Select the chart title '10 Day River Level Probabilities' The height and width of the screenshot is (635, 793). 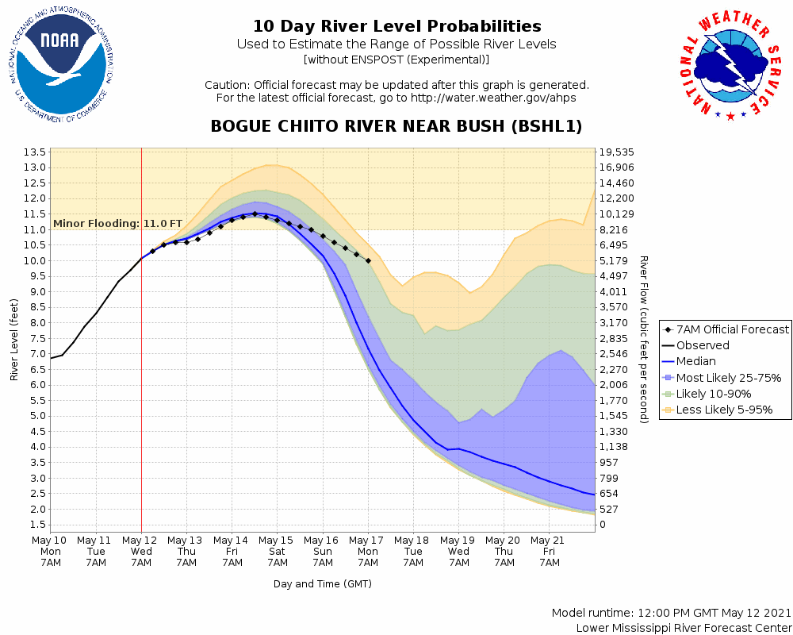[x=396, y=27]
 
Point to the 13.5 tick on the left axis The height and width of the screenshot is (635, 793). [x=34, y=152]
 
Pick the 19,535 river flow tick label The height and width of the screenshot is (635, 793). [x=617, y=152]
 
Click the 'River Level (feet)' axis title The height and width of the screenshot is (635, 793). [x=14, y=340]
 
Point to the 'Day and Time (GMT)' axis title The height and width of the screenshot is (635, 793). [x=322, y=583]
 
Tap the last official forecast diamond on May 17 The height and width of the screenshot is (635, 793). [x=368, y=260]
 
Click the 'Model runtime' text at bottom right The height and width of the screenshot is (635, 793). [x=671, y=614]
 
